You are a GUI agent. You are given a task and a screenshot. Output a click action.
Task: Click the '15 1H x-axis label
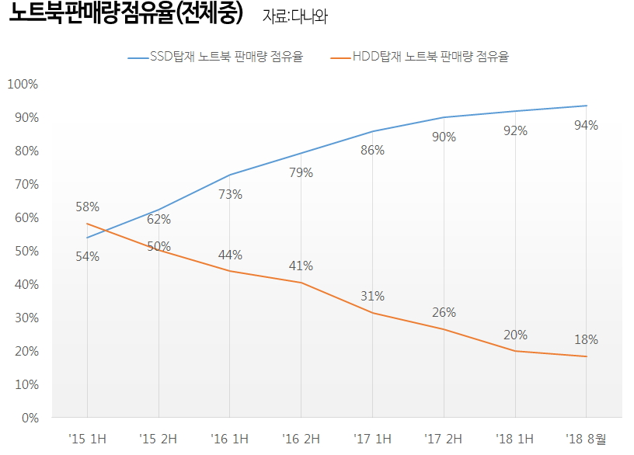(x=87, y=439)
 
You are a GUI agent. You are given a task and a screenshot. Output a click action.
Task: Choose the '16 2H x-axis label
(x=301, y=439)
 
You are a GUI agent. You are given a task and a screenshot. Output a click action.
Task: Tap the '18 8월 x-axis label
(x=586, y=439)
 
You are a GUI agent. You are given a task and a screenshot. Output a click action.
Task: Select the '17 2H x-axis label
(x=444, y=439)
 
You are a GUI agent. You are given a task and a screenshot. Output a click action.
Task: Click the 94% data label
(x=586, y=125)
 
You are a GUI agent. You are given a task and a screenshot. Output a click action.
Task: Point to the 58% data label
(x=87, y=207)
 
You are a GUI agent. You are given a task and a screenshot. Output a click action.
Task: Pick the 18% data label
(x=586, y=339)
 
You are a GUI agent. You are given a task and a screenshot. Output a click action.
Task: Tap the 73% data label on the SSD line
(x=230, y=194)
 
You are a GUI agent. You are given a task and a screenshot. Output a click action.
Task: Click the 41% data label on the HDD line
(x=301, y=266)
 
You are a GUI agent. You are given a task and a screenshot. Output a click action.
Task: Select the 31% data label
(x=372, y=296)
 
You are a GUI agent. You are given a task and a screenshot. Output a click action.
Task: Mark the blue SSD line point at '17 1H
(x=372, y=131)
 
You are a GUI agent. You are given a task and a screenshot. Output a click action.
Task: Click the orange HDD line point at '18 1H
(x=515, y=351)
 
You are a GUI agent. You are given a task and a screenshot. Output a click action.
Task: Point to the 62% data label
(x=158, y=219)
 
